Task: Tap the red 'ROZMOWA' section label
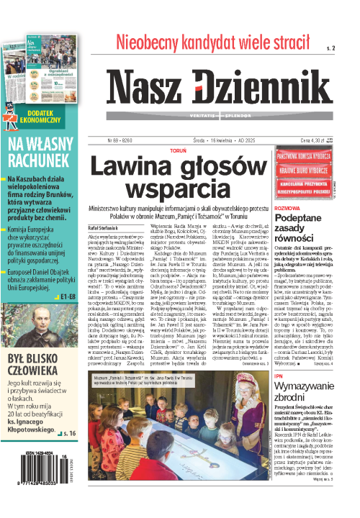tap(287, 207)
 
